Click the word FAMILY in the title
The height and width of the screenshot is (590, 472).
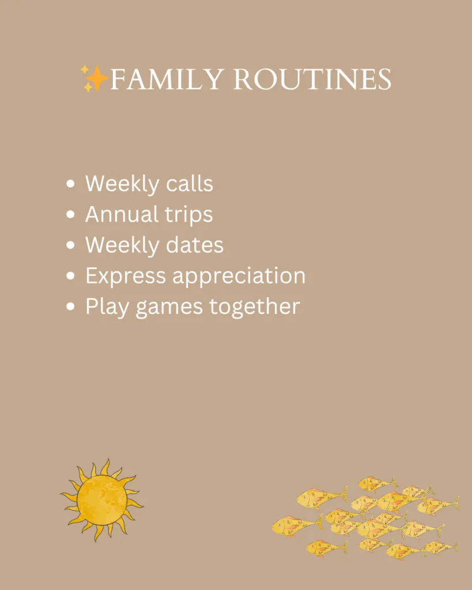tap(166, 80)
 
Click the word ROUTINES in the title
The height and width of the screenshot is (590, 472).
tap(312, 80)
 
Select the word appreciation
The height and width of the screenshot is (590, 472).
tap(239, 276)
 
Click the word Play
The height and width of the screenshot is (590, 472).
tap(107, 307)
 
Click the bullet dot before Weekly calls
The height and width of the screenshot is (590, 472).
tap(71, 184)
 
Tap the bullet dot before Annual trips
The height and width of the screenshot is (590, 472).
tap(71, 215)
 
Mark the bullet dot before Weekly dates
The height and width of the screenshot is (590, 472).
tap(71, 245)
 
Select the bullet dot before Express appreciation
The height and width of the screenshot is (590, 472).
tap(71, 276)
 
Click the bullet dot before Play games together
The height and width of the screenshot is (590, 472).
tap(71, 307)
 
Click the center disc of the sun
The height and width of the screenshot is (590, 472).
tap(101, 500)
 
